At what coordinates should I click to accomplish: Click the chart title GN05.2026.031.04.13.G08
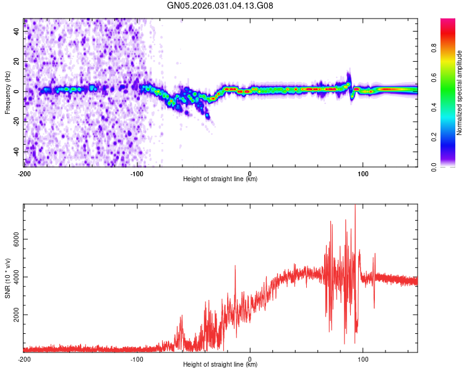point(221,6)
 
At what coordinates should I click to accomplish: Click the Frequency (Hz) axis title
point(7,93)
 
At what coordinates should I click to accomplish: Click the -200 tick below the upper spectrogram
point(24,174)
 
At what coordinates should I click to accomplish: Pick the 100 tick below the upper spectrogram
point(363,174)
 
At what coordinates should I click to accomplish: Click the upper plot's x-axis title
point(220,179)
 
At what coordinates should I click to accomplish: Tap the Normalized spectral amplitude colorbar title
point(460,93)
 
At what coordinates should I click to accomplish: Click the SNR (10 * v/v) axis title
point(7,278)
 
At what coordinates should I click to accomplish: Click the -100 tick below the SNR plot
point(137,359)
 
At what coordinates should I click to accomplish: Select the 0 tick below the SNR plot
point(250,359)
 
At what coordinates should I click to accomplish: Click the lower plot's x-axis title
point(220,365)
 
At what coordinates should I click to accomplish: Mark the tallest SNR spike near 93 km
point(355,207)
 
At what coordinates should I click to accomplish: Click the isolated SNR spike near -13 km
point(235,266)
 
